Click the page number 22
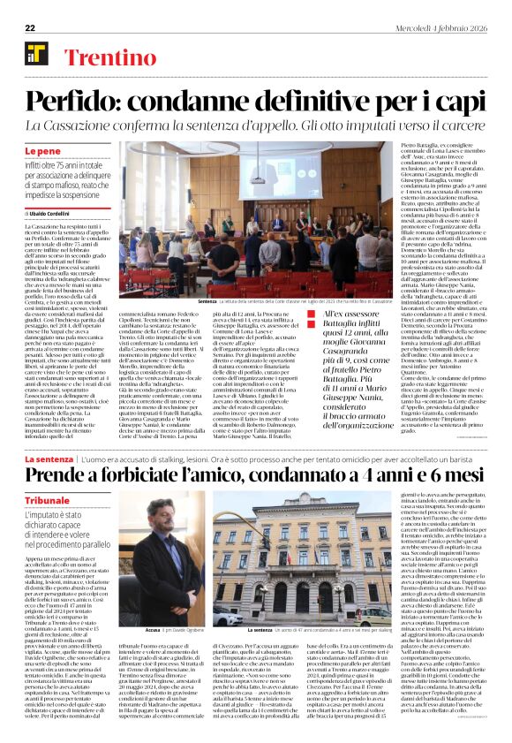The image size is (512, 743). point(30,27)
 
